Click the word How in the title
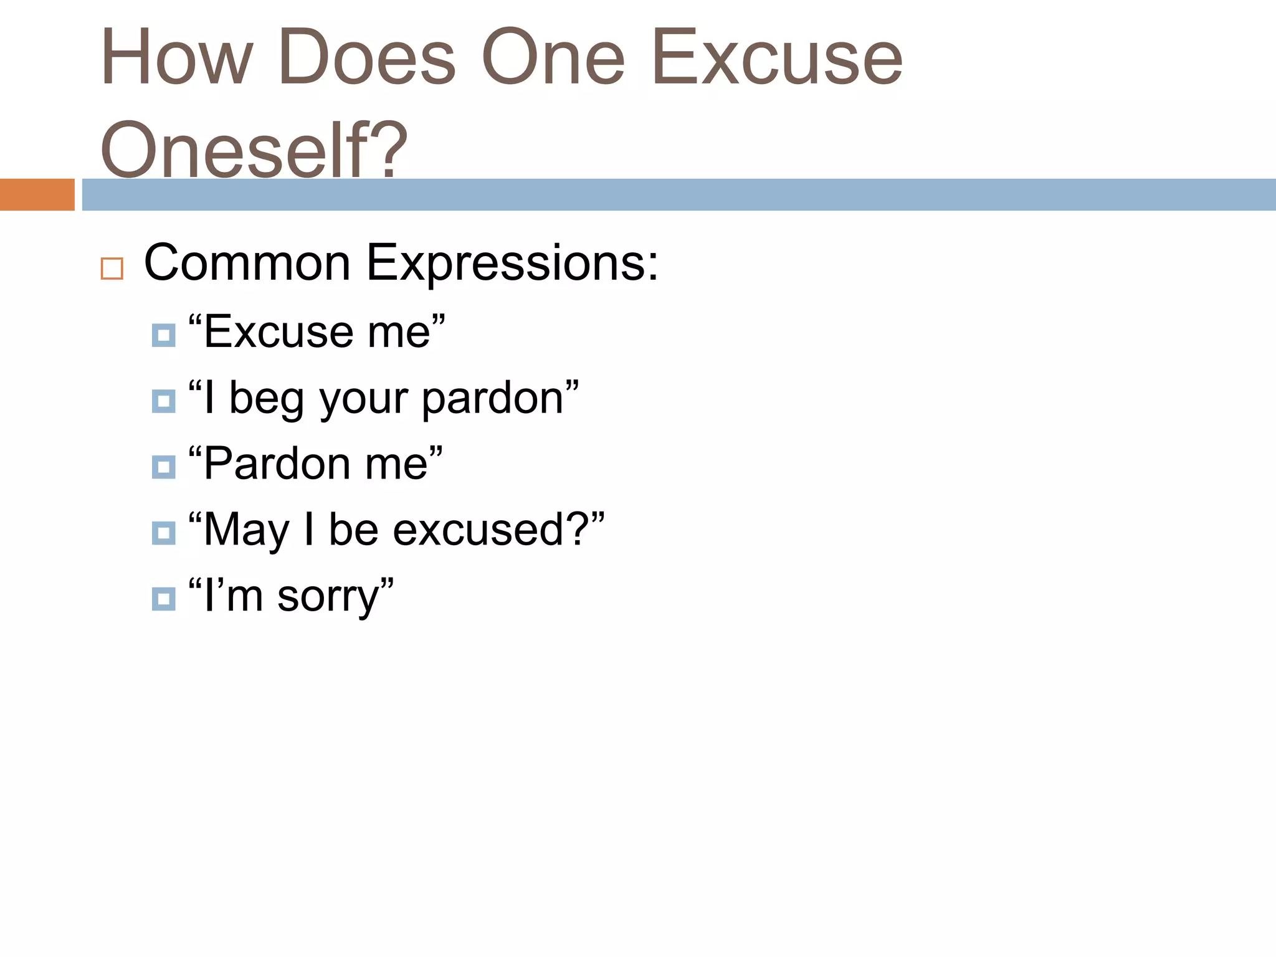[177, 57]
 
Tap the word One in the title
[553, 57]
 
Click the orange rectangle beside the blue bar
[37, 194]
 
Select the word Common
[247, 263]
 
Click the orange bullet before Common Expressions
[112, 269]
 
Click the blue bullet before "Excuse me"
[163, 335]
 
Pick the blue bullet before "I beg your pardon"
[163, 401]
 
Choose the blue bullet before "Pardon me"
[163, 467]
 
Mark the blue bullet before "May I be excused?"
[163, 533]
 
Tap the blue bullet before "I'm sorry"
[163, 599]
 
